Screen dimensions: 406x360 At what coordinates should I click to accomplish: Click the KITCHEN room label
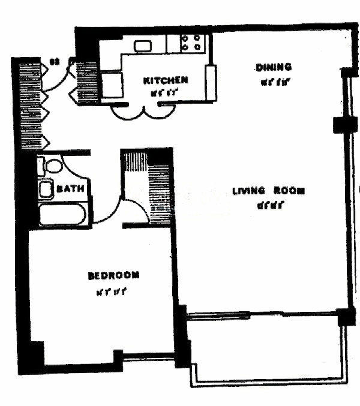pos(166,80)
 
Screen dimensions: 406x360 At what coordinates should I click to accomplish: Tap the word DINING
pos(273,67)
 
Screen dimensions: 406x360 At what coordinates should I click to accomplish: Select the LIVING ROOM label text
pos(269,191)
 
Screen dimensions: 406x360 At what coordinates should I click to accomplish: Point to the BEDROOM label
pos(113,276)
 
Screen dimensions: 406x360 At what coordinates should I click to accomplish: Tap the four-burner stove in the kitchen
pos(193,43)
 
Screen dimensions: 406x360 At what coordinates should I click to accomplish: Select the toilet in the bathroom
pos(53,166)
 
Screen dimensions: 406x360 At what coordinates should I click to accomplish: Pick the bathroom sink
pos(46,189)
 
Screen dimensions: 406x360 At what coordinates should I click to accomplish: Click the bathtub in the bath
pos(62,214)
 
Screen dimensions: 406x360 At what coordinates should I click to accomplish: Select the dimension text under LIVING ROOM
pos(269,206)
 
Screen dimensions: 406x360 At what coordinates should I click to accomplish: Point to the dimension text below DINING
pos(272,82)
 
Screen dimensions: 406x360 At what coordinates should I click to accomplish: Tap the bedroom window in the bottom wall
pos(148,358)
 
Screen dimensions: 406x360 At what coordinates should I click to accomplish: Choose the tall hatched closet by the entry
pos(29,105)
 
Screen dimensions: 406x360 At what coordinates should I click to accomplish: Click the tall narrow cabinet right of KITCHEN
pos(211,83)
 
